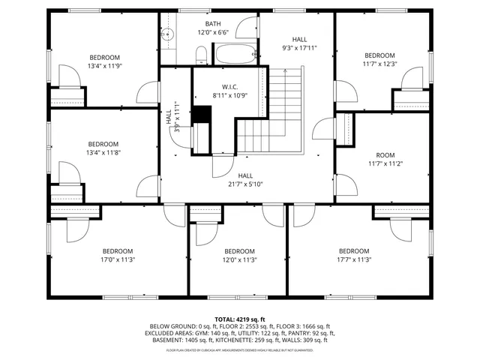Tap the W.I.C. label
(x=229, y=86)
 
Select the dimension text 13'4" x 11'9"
(x=104, y=66)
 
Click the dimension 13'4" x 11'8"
(x=103, y=153)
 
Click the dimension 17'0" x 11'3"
(x=118, y=259)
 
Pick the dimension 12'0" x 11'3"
(x=239, y=259)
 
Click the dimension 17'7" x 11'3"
(x=354, y=259)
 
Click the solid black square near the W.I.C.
(x=201, y=113)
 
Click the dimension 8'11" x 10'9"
(x=229, y=95)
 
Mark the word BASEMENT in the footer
(x=168, y=340)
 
